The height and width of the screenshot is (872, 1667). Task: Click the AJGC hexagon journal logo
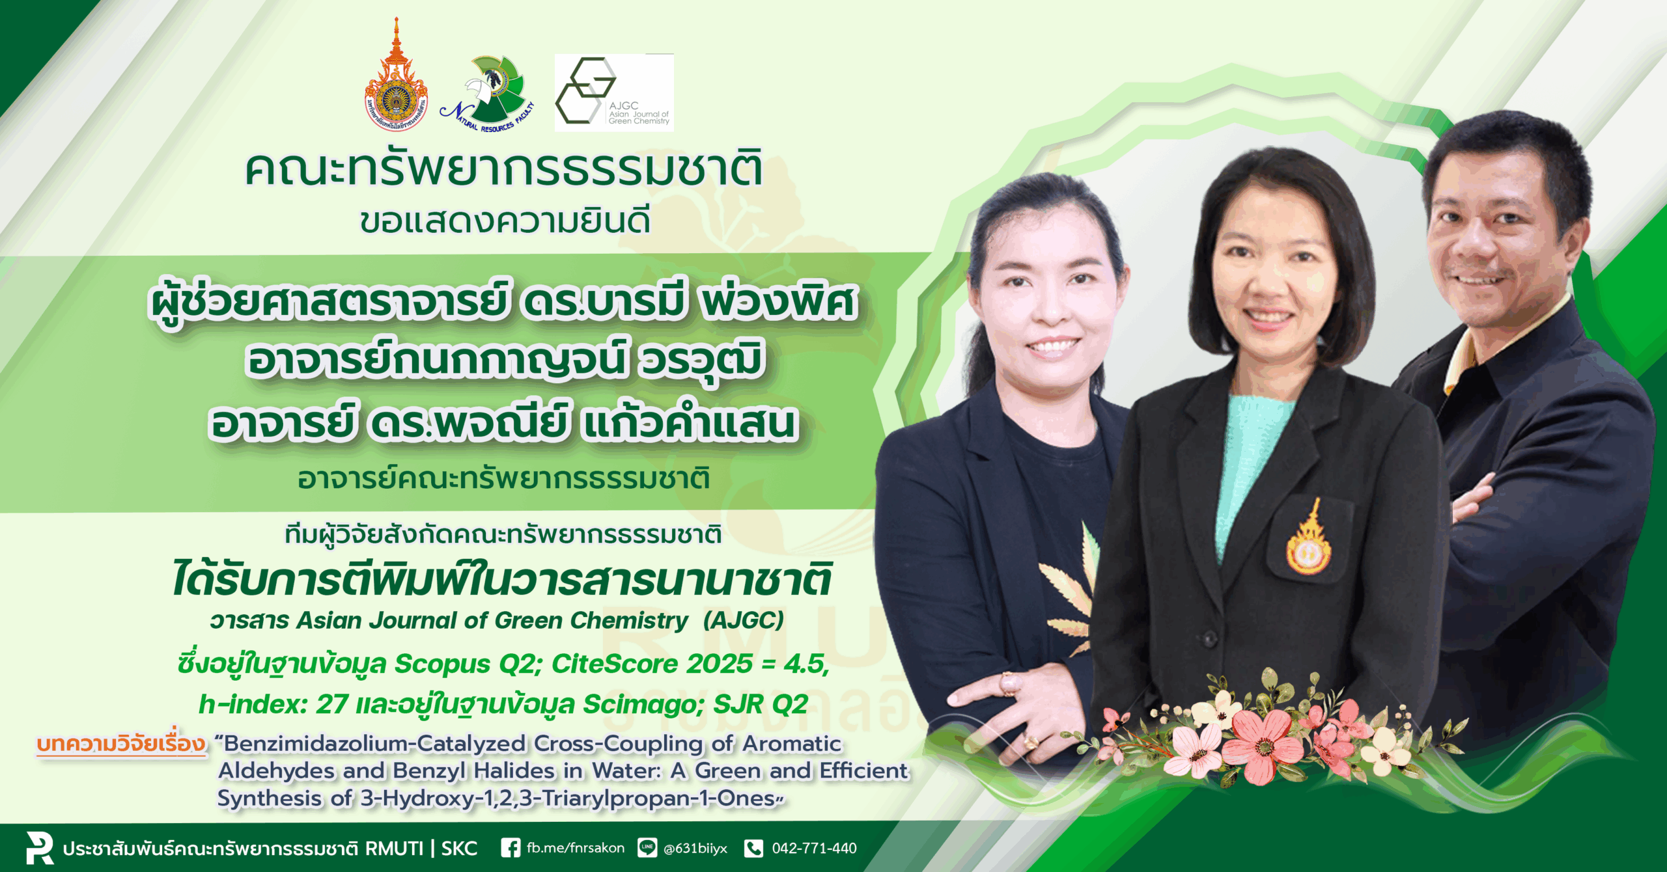point(613,92)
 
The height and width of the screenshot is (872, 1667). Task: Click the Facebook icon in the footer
point(511,848)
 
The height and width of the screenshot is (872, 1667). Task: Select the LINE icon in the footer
point(647,848)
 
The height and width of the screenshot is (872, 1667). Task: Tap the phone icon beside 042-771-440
point(753,848)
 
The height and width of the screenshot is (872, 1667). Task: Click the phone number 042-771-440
point(814,848)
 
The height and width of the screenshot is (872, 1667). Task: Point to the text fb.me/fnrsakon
point(575,848)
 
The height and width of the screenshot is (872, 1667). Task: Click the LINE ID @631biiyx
point(695,849)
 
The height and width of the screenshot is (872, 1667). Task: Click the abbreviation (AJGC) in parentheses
point(744,620)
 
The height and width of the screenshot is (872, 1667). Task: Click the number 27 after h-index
point(332,704)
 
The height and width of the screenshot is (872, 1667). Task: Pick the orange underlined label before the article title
point(121,743)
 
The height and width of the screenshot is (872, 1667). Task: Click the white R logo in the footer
point(40,847)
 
